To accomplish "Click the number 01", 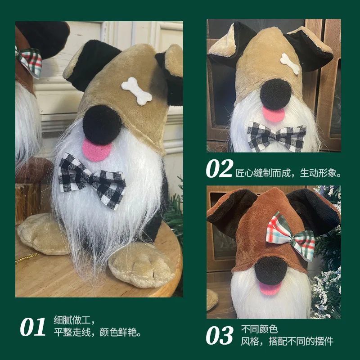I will tap(33, 327).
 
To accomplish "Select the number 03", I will tap(220, 335).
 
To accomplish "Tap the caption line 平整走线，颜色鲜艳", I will tap(98, 333).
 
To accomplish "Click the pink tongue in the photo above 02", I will tap(274, 114).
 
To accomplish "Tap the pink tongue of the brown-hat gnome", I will tap(270, 288).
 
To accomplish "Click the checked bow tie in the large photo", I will tap(92, 180).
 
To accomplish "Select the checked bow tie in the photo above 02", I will tap(276, 135).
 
